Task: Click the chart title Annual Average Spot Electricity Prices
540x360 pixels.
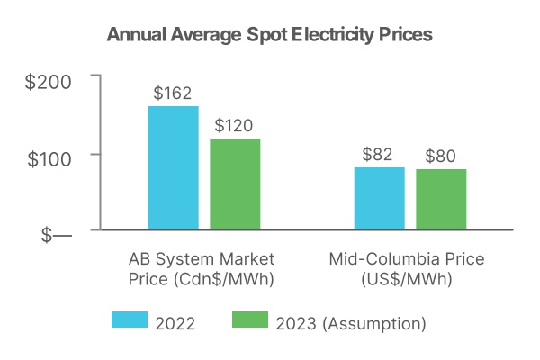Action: coord(270,35)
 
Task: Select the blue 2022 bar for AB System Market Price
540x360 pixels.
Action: coord(174,167)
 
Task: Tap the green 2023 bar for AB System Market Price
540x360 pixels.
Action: coord(235,184)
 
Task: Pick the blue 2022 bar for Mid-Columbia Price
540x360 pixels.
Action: coord(379,198)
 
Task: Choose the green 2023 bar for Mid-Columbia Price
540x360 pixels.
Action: coord(441,199)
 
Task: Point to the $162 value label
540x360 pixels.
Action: coord(173,94)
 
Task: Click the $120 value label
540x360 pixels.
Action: coord(235,125)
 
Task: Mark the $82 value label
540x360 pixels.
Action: coord(378,154)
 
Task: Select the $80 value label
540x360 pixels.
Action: coord(441,156)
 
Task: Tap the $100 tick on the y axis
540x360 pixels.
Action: coord(49,155)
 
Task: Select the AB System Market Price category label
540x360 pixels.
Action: coord(201,259)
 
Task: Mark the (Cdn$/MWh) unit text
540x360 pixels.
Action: coord(201,279)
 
